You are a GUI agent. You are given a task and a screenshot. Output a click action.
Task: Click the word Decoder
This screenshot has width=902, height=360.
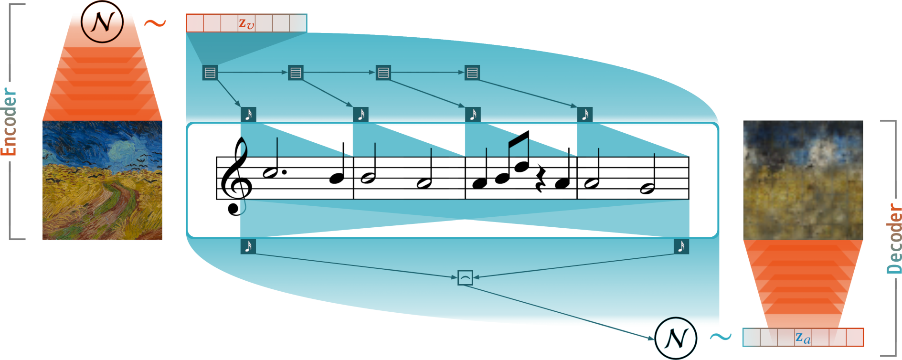[x=893, y=239]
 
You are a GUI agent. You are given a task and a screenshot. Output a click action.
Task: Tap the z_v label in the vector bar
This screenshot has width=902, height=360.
[x=246, y=23]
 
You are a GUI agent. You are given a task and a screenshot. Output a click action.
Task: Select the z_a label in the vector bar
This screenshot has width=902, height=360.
[x=803, y=338]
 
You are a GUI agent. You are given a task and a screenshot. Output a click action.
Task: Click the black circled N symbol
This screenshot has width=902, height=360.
[x=102, y=21]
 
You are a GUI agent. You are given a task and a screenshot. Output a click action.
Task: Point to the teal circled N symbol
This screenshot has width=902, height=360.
[x=676, y=338]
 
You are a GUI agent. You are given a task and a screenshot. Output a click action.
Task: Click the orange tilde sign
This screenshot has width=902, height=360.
[x=155, y=23]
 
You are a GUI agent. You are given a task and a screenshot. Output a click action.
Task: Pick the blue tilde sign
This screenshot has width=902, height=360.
[x=720, y=337]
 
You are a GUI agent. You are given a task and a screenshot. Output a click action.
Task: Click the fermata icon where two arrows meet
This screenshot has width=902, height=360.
[x=465, y=277]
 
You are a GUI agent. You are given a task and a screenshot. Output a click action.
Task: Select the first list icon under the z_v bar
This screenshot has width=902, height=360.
[x=210, y=73]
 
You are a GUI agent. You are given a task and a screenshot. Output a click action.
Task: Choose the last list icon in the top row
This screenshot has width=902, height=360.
[x=472, y=73]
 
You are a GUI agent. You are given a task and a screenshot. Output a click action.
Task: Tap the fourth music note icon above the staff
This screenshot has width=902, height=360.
[x=585, y=115]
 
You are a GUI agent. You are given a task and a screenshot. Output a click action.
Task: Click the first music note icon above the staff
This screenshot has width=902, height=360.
[x=248, y=115]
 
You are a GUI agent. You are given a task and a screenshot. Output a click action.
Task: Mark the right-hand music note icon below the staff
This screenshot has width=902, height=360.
[x=681, y=246]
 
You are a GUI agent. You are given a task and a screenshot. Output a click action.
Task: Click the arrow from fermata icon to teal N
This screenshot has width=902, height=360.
[x=563, y=309]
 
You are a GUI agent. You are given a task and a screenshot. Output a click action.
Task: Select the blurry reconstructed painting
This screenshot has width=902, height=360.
[x=803, y=180]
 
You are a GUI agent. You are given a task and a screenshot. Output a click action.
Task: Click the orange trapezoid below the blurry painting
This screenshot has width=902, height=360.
[x=803, y=282]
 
